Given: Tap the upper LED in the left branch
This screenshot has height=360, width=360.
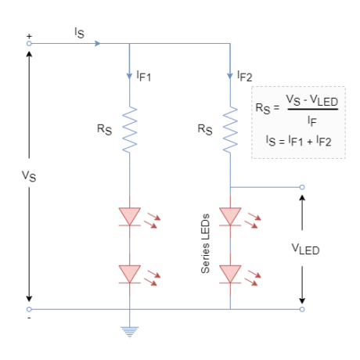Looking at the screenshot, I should [x=129, y=215].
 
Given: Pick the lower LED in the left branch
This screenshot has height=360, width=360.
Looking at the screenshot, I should [x=129, y=272].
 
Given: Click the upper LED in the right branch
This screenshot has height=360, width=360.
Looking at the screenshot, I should [x=229, y=215].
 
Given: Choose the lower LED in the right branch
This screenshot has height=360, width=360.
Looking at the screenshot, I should [x=229, y=272].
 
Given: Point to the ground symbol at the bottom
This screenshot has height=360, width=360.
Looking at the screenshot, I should [x=129, y=332].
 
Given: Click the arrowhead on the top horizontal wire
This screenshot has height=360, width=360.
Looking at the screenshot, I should [x=98, y=43].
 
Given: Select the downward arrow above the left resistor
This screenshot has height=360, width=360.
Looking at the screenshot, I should [x=129, y=77].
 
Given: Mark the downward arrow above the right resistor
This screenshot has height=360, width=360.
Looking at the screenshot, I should [x=229, y=77].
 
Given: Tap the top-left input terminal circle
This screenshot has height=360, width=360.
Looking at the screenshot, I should [x=30, y=43].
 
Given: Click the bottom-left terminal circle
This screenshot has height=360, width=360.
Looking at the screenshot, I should [x=30, y=309].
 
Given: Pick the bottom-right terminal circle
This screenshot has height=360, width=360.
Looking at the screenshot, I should [x=302, y=309].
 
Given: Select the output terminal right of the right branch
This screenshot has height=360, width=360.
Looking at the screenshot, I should [x=302, y=187].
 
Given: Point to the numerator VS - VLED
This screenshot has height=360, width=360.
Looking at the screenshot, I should [x=311, y=100].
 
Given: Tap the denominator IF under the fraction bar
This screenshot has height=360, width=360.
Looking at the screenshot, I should [x=311, y=121].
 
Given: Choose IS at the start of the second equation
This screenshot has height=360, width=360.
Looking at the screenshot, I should [x=271, y=141].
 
